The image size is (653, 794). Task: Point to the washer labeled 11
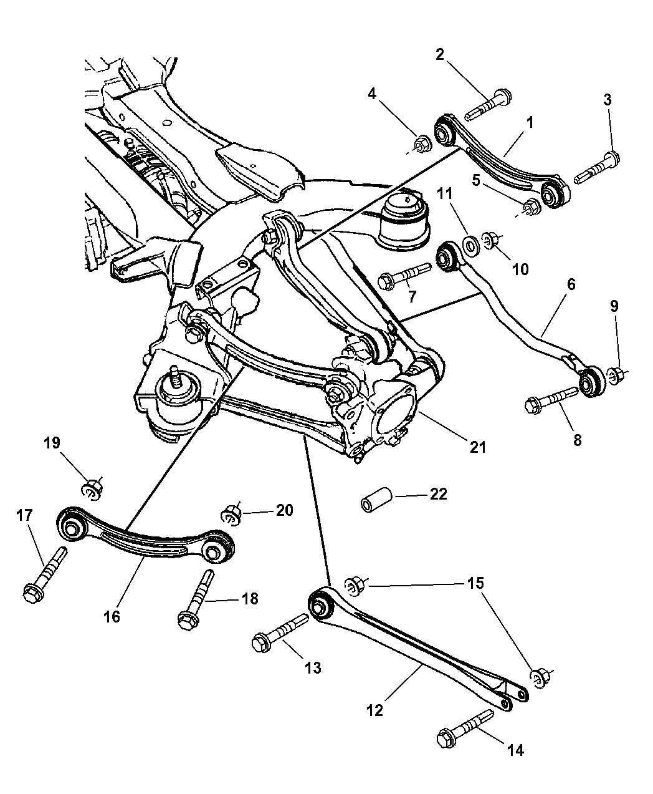[x=471, y=242]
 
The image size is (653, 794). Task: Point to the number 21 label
[x=479, y=447]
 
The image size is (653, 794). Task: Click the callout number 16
[x=112, y=617]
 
